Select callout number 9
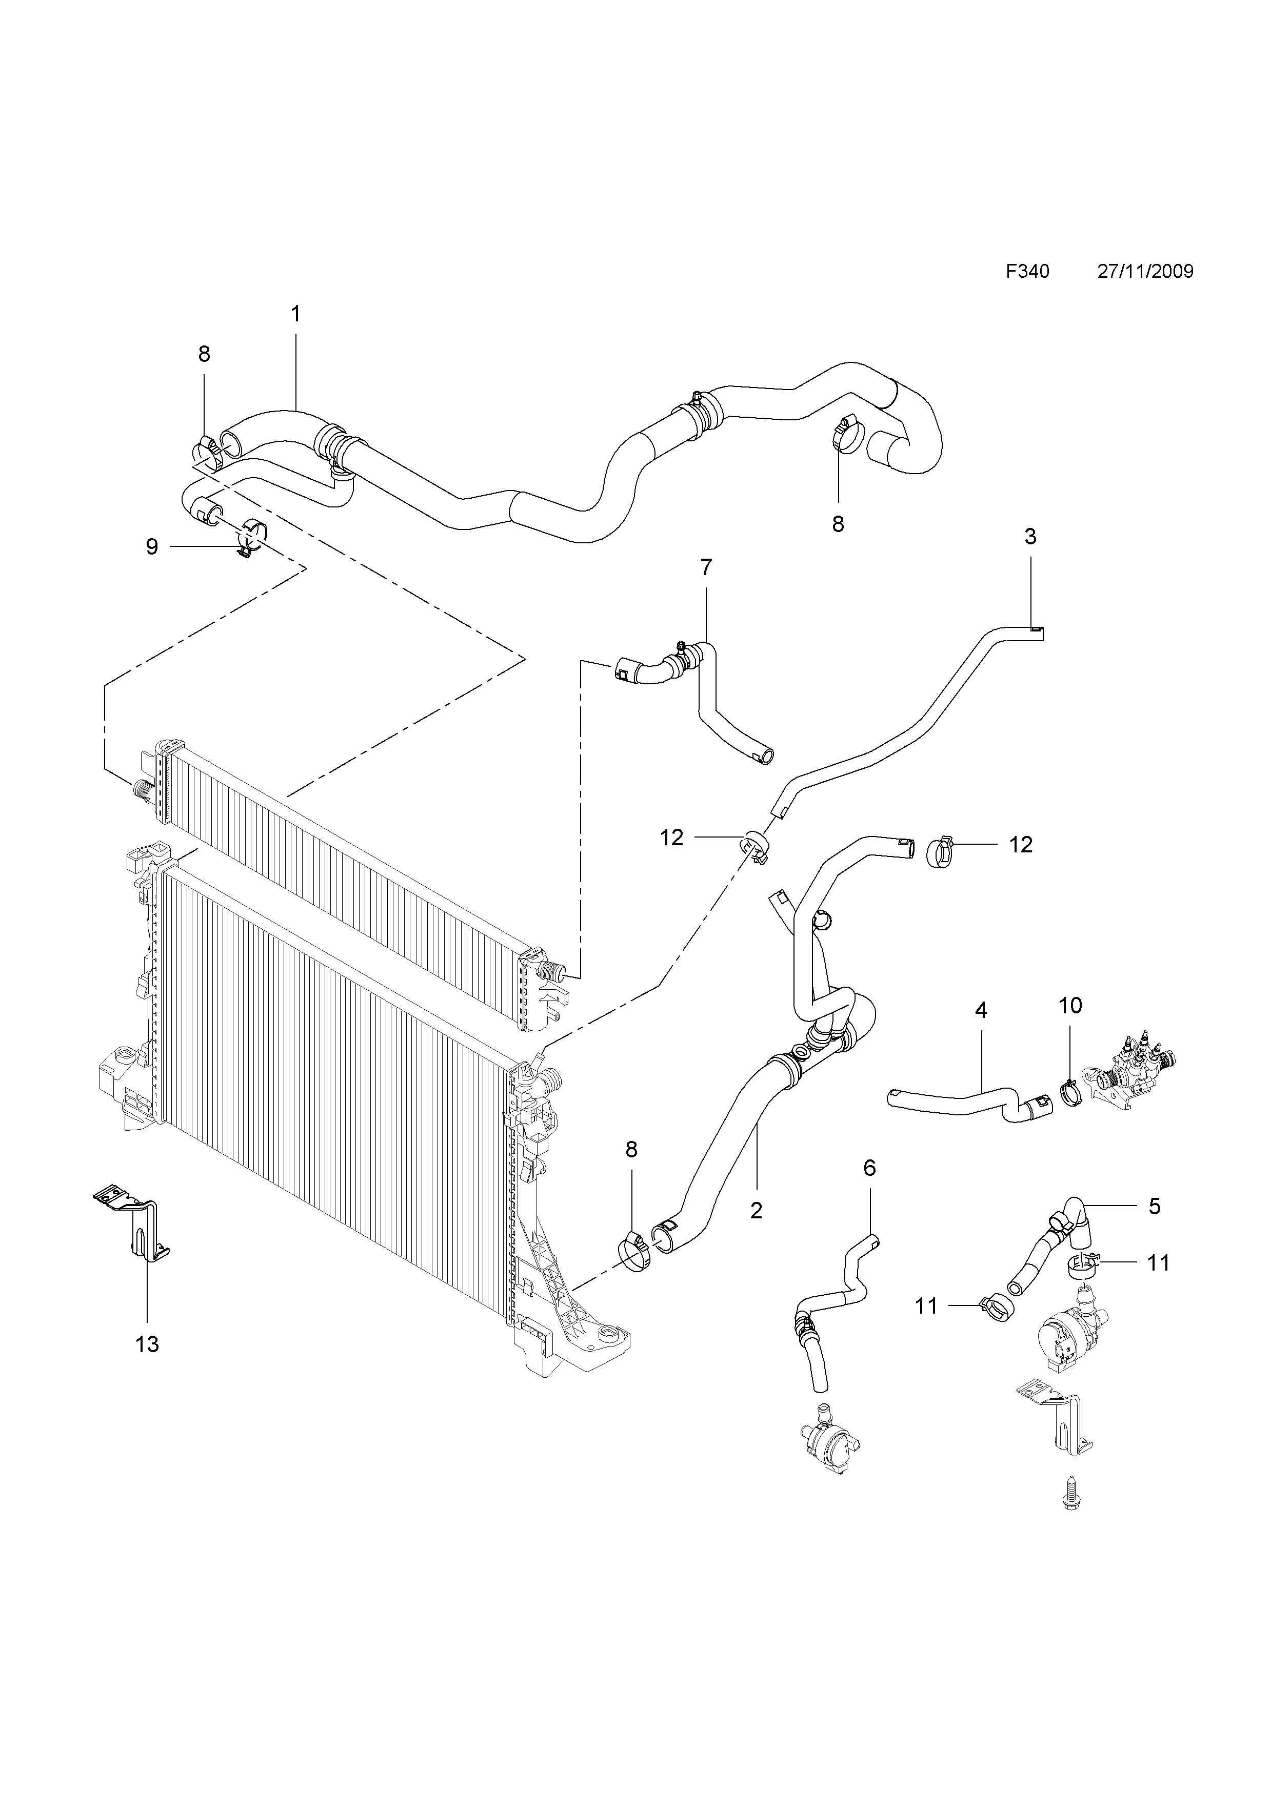tap(152, 547)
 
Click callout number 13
tap(147, 1344)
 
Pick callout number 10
tap(1070, 1005)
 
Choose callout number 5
tap(1155, 1206)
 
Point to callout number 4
tap(981, 1010)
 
